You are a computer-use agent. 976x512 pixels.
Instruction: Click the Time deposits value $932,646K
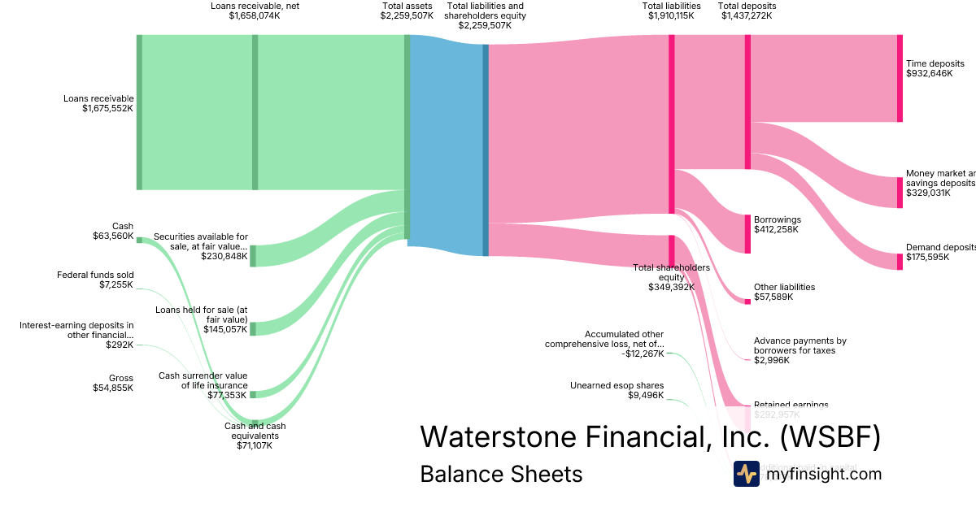pyautogui.click(x=929, y=73)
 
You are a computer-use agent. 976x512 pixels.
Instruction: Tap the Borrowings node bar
pyautogui.click(x=747, y=234)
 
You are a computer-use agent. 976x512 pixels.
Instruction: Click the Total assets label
pyautogui.click(x=406, y=6)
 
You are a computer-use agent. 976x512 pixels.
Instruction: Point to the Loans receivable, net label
pyautogui.click(x=255, y=6)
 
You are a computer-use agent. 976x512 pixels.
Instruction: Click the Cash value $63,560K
pyautogui.click(x=113, y=236)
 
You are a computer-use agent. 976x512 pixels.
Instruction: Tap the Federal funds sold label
pyautogui.click(x=95, y=275)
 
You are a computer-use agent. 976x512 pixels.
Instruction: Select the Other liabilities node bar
pyautogui.click(x=747, y=302)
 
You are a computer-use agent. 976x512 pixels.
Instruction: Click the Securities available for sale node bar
pyautogui.click(x=253, y=255)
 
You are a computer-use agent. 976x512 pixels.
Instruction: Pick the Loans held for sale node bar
pyautogui.click(x=253, y=328)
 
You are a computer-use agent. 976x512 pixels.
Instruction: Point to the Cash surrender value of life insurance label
pyautogui.click(x=203, y=380)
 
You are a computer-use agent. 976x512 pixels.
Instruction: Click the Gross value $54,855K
pyautogui.click(x=113, y=388)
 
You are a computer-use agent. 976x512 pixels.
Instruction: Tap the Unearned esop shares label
pyautogui.click(x=617, y=385)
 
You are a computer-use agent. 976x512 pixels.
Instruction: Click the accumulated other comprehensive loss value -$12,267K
pyautogui.click(x=641, y=354)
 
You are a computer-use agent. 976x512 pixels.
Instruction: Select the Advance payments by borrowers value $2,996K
pyautogui.click(x=772, y=360)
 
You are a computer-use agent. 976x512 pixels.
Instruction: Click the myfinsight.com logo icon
pyautogui.click(x=746, y=474)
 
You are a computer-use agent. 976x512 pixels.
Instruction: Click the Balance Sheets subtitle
pyautogui.click(x=501, y=474)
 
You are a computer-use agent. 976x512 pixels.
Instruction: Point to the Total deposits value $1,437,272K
pyautogui.click(x=747, y=15)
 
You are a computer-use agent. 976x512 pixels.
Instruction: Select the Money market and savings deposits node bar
pyautogui.click(x=900, y=193)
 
